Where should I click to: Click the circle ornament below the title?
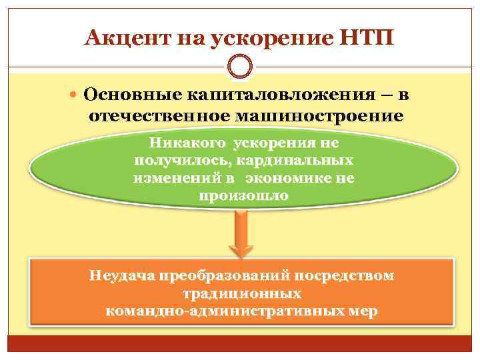click(x=240, y=66)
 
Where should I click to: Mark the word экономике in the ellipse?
click(x=290, y=179)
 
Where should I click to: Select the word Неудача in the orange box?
click(x=119, y=275)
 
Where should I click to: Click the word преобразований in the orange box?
click(x=220, y=275)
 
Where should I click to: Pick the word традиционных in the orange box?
click(x=241, y=293)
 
